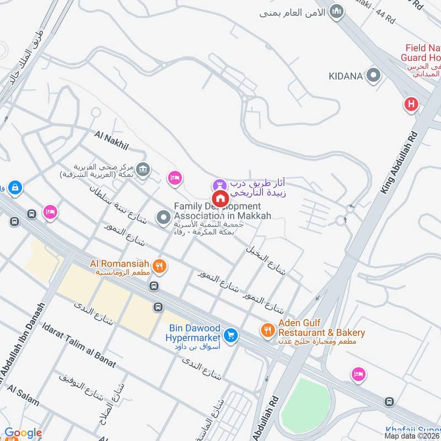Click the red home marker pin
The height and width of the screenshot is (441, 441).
(220, 199)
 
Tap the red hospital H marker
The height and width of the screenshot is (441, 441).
(410, 104)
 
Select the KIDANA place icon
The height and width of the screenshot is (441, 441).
(374, 75)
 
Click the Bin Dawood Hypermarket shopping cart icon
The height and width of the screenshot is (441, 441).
(230, 335)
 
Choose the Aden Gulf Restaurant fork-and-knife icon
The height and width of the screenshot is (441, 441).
(268, 330)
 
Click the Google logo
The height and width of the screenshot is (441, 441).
(23, 433)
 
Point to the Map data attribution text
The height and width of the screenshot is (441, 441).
(412, 435)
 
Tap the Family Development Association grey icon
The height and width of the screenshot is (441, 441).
(163, 218)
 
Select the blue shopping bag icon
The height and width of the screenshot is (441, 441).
(14, 187)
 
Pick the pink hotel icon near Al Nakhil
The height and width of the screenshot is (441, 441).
(175, 177)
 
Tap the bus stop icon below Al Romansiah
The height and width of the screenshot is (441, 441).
(154, 286)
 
